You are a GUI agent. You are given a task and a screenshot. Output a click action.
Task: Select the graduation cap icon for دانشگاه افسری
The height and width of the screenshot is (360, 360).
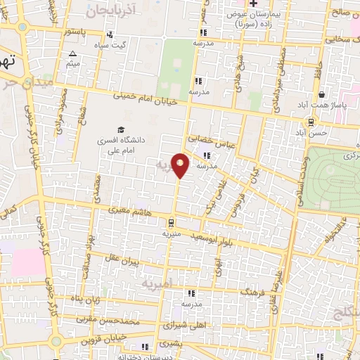click(x=120, y=129)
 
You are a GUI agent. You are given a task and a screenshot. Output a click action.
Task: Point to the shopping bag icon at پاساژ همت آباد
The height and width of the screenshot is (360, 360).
click(x=321, y=94)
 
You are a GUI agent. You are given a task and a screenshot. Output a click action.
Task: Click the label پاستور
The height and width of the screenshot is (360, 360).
click(x=75, y=32)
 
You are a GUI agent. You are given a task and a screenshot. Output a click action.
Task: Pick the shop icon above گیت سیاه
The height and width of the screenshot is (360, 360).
click(x=109, y=34)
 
